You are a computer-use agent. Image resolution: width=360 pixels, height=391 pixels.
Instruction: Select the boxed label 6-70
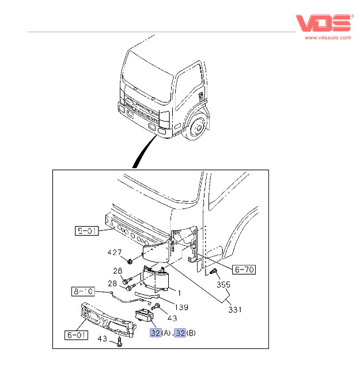click(x=244, y=269)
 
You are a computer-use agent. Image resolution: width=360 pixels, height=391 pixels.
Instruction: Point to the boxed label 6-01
click(x=77, y=334)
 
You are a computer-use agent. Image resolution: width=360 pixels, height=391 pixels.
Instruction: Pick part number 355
click(x=222, y=284)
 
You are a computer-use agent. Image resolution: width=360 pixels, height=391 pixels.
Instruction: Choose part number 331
click(x=234, y=310)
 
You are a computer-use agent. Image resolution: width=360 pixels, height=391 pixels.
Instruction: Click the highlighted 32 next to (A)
click(x=155, y=333)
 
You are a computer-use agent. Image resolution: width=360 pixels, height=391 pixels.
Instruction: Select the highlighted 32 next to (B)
click(x=179, y=333)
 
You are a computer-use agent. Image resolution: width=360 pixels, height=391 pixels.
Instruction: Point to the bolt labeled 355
click(x=213, y=271)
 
